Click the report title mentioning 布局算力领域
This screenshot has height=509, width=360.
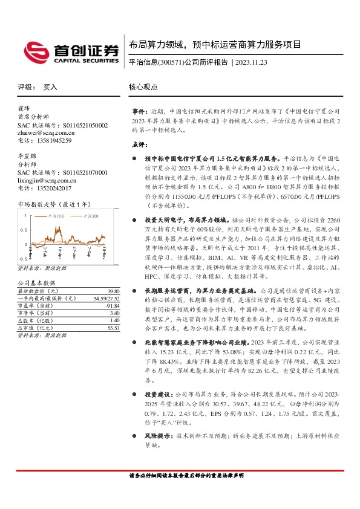click(x=215, y=45)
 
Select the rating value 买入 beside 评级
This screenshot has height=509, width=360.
click(x=50, y=87)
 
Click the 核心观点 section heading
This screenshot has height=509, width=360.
click(x=143, y=87)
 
